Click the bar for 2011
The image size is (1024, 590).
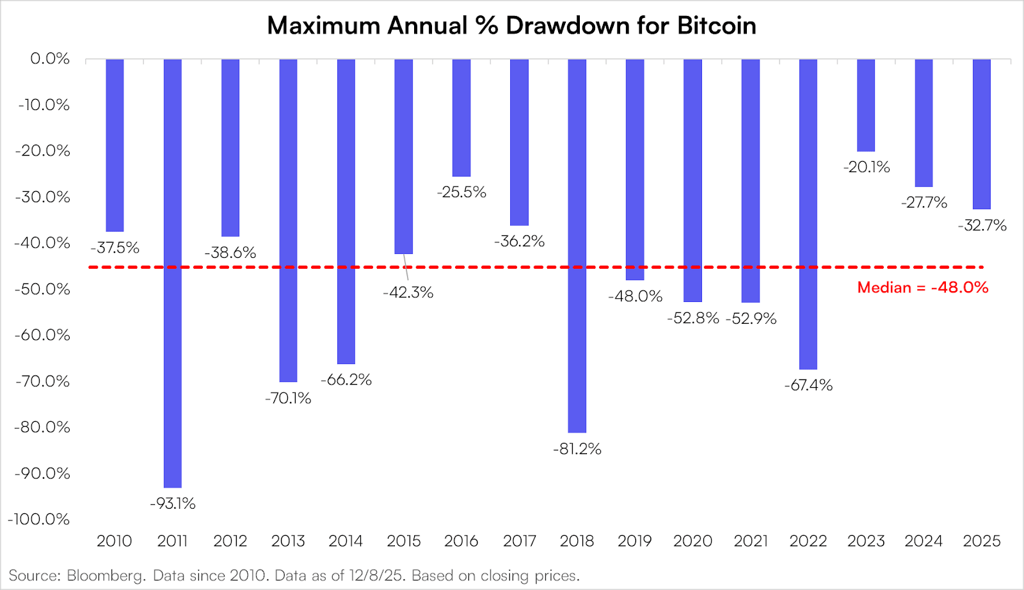173,273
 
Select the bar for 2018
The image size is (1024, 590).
577,246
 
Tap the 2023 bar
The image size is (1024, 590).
866,106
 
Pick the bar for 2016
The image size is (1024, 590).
461,118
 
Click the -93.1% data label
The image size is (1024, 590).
173,504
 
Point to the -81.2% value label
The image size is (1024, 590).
577,449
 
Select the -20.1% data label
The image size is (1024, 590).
867,167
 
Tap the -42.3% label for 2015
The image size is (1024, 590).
408,292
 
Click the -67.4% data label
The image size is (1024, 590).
808,385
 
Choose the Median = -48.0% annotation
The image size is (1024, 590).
922,287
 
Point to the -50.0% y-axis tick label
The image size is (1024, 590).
42,289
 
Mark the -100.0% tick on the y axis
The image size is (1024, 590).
39,519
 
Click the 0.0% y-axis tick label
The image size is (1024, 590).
50,59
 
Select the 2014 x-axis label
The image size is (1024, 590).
346,541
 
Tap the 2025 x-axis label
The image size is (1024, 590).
981,541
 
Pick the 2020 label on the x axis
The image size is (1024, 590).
692,541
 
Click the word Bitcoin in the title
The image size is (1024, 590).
717,26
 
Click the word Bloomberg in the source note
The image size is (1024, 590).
106,575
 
